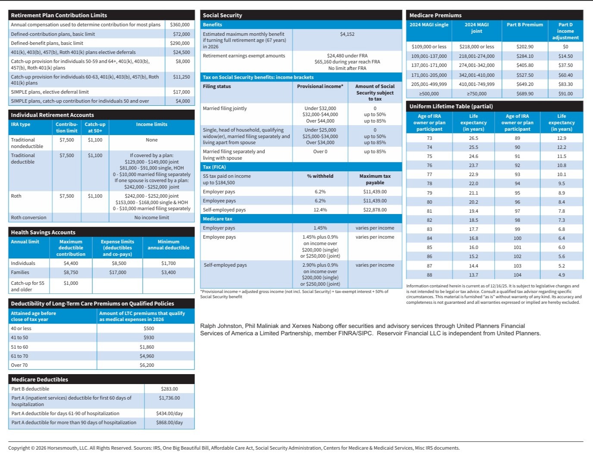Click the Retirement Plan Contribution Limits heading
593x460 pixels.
[59, 15]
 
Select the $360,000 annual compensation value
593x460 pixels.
[180, 25]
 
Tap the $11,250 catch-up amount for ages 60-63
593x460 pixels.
[181, 77]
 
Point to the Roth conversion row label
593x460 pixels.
[28, 217]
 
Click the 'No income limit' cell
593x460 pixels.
[151, 217]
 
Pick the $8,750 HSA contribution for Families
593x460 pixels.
[71, 272]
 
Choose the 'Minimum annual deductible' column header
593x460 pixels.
[168, 245]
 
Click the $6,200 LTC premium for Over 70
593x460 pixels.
[147, 365]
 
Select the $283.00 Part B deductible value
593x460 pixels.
[169, 389]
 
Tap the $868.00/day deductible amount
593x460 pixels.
[169, 422]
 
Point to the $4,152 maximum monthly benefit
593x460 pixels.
[347, 34]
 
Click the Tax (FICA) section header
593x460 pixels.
[214, 167]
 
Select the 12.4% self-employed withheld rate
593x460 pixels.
[320, 210]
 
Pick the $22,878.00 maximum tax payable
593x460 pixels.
[375, 210]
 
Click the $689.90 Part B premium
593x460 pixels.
[525, 94]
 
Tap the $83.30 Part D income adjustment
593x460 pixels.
[565, 84]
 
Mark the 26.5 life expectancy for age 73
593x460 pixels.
[474, 138]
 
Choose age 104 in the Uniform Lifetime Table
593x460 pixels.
[517, 275]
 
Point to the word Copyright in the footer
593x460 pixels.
[19, 448]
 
